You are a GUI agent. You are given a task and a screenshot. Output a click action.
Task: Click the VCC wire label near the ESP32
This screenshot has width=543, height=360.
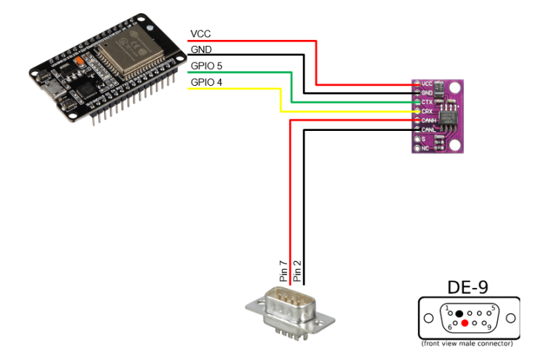point(200,34)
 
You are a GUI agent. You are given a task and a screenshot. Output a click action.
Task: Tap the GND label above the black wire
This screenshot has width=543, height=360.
point(200,49)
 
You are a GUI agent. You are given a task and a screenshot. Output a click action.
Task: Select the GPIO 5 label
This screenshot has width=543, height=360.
point(207,66)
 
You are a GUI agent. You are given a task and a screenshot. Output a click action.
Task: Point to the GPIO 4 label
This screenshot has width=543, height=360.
point(207,82)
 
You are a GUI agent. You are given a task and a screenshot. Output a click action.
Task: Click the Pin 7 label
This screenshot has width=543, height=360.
point(284,270)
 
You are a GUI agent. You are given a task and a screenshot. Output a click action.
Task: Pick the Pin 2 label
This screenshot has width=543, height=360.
point(297,270)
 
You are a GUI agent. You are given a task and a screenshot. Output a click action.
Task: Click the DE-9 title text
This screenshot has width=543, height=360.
point(469,287)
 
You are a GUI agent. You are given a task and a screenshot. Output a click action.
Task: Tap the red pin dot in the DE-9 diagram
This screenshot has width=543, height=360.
point(464,322)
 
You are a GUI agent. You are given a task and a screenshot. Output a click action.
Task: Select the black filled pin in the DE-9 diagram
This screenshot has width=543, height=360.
point(459,313)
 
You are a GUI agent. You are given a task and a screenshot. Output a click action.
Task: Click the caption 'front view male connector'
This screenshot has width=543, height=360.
point(469,343)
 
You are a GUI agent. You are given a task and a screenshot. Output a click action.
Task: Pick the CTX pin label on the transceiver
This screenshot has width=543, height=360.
point(427,103)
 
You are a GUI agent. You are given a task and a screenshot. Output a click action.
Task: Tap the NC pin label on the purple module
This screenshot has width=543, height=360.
point(425,148)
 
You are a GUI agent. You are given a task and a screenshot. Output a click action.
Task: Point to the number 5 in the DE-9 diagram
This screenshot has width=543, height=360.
point(493,308)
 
